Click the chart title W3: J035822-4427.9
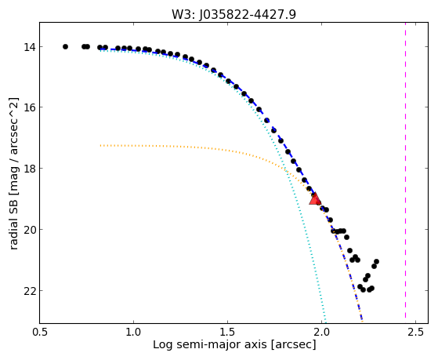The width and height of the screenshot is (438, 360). point(233,15)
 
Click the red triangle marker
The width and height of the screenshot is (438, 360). point(315,199)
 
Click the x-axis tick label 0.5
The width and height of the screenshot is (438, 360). point(40,332)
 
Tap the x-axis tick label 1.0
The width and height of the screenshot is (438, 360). point(133,332)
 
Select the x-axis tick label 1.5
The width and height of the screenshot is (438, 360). point(228,332)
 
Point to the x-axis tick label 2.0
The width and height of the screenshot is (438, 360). point(322,332)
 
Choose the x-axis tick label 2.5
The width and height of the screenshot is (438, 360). point(415,332)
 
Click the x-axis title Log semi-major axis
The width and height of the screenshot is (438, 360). point(210,345)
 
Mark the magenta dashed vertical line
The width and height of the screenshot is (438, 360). point(405,173)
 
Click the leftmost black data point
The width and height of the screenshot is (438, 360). point(65,47)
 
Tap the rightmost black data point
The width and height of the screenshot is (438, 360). point(376,261)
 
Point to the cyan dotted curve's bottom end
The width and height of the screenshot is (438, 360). point(326,322)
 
